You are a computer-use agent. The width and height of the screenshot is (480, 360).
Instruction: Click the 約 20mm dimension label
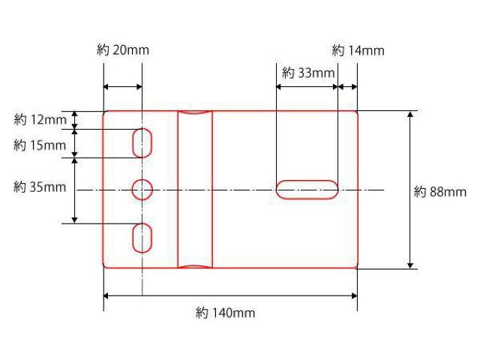coord(123,50)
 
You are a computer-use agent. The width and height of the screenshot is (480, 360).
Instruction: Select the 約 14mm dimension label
coord(358,50)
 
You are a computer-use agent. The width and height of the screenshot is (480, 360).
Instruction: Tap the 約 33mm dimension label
coord(307,73)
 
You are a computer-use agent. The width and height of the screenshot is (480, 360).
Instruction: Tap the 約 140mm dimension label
coord(225,313)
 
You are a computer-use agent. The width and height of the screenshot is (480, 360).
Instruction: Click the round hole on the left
coord(142,190)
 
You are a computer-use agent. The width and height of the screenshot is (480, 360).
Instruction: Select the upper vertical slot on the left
coord(142,142)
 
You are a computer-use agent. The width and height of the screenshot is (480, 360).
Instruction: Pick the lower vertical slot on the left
coord(142,238)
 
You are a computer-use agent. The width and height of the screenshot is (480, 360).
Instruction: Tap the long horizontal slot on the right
coord(307,189)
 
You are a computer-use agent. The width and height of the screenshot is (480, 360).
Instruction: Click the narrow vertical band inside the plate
coord(195,189)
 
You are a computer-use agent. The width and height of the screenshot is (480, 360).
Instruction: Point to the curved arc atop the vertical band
coord(195,113)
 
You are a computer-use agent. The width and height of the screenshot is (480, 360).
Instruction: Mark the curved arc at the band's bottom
coord(195,265)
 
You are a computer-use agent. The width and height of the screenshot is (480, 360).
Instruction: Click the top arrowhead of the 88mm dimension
coord(410,115)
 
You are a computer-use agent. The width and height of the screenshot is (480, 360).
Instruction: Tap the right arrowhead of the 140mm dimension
coord(353,296)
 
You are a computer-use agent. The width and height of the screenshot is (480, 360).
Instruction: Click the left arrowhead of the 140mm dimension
coord(106,296)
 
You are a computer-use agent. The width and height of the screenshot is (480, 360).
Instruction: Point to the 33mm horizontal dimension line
coord(307,87)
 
